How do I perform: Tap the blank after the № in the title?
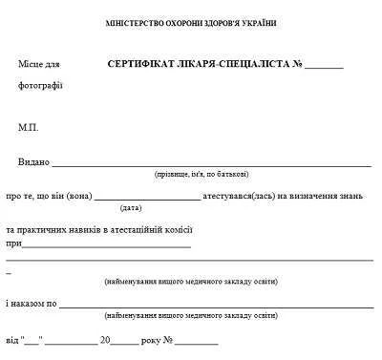(x=325, y=68)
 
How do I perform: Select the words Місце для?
(x=38, y=65)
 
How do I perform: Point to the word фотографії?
(x=40, y=87)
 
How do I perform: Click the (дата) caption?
(x=131, y=207)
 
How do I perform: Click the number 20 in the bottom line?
(x=106, y=339)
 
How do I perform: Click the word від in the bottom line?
(x=11, y=339)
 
